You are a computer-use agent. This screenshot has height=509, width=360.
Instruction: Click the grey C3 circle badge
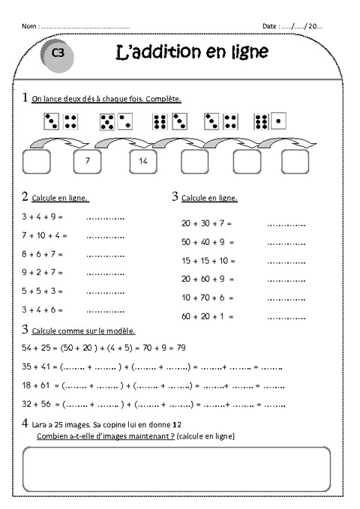coord(58,53)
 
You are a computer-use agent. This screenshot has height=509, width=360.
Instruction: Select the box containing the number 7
coord(88,160)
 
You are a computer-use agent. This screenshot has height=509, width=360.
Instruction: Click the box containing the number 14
coord(143,160)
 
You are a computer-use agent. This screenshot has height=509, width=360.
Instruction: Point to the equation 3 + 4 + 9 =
coord(42,216)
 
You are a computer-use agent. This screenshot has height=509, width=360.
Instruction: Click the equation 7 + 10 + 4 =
coord(44,235)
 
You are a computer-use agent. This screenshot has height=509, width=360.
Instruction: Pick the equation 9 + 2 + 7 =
coord(42,272)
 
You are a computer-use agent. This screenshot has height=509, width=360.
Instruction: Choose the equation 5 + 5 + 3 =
coord(42,290)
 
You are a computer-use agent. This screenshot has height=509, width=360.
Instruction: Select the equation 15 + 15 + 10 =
coord(208,260)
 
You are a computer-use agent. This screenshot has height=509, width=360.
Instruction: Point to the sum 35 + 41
coord(36,367)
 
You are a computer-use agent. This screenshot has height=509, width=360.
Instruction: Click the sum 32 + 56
coord(36,404)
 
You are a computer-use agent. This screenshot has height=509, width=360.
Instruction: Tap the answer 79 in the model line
coord(181,349)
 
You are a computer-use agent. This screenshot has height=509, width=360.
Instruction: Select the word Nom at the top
coord(28,25)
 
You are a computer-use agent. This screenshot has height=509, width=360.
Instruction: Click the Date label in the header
coord(270,25)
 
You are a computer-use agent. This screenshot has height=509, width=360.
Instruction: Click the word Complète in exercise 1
coord(165,99)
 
